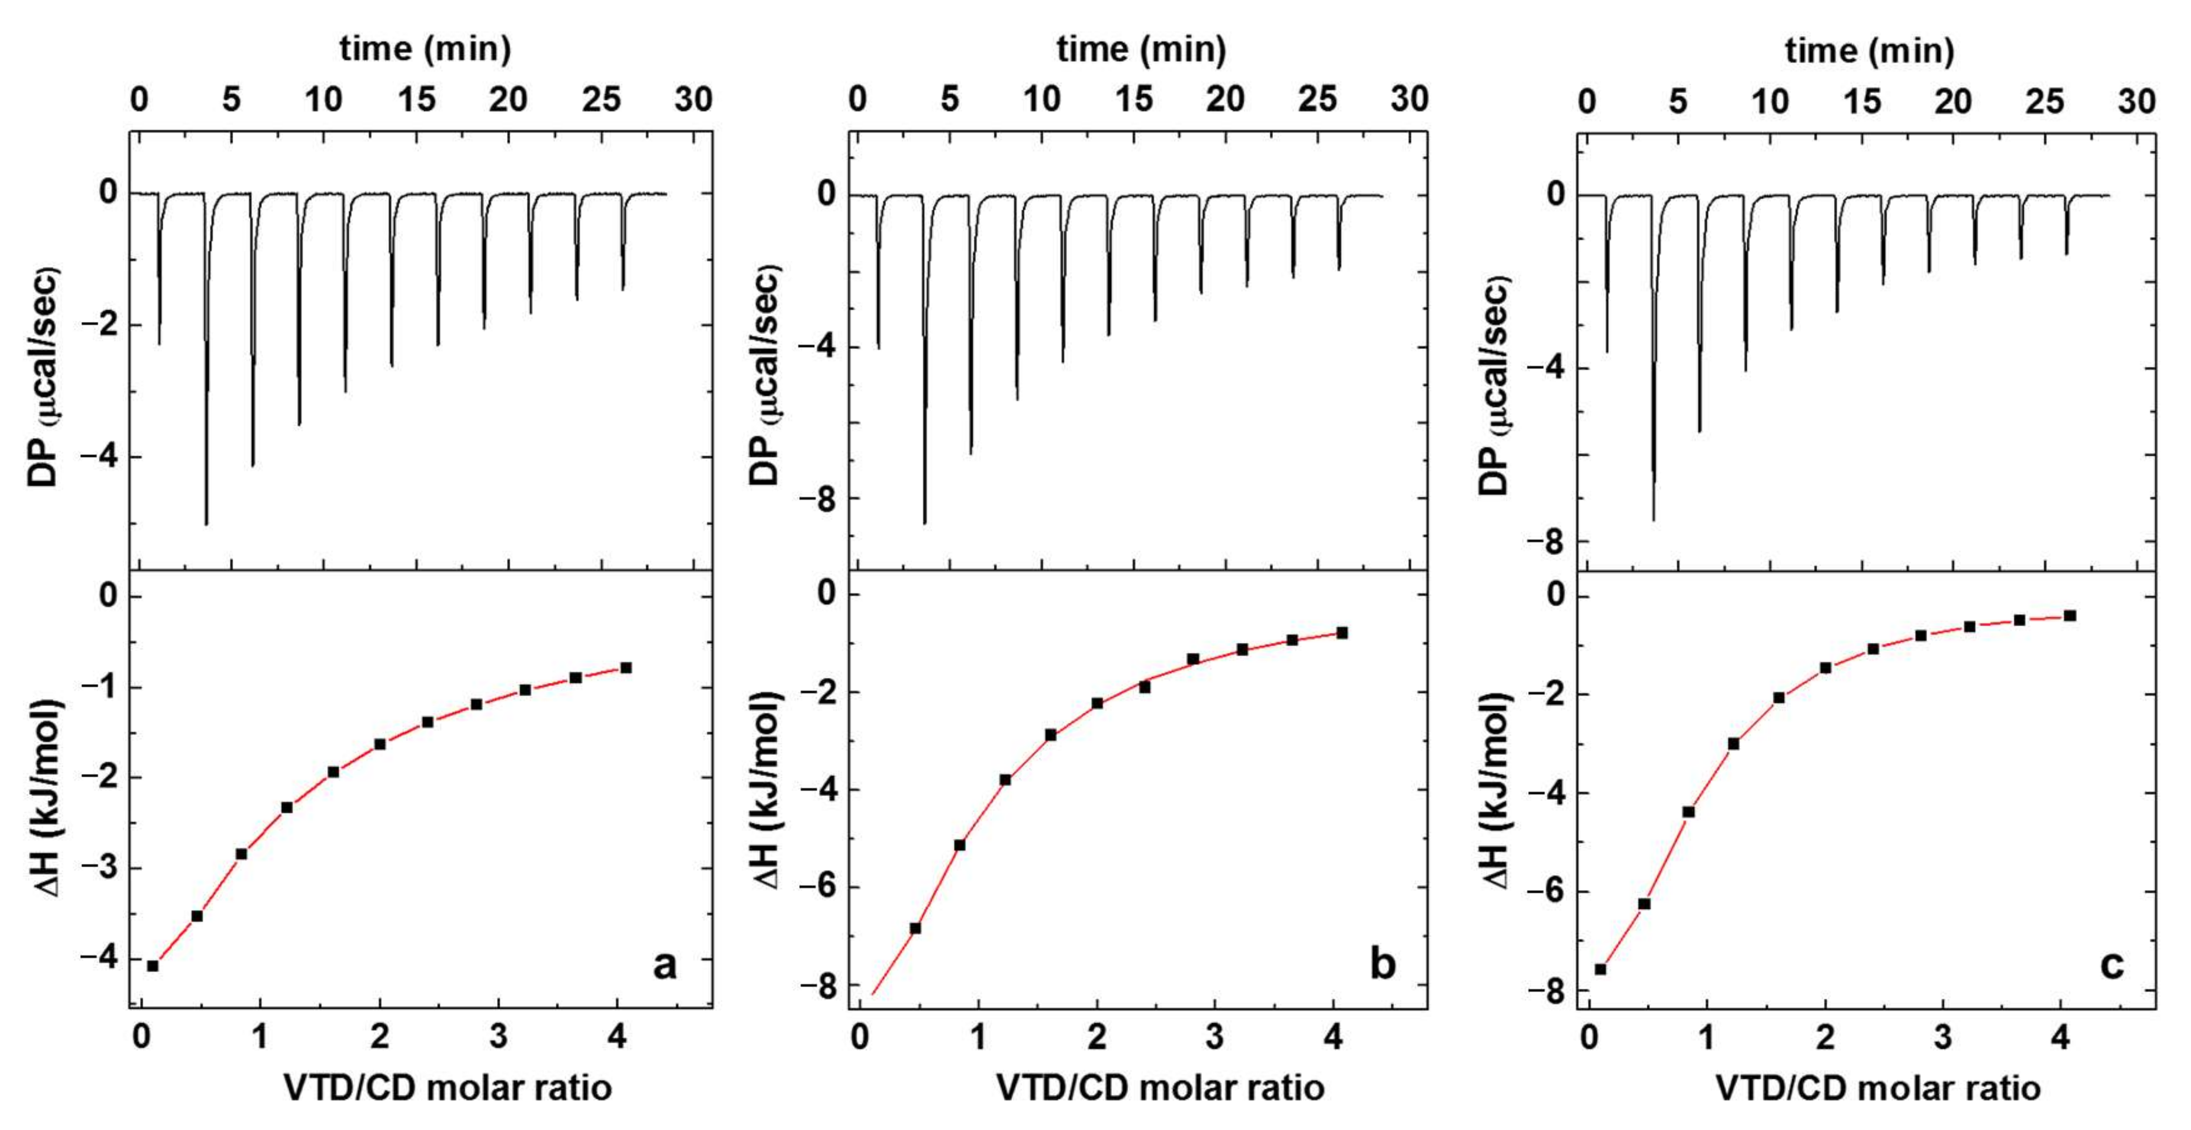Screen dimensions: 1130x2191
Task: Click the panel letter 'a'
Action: (664, 965)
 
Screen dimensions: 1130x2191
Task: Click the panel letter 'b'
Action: (1382, 965)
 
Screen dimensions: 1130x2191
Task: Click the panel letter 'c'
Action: (2112, 965)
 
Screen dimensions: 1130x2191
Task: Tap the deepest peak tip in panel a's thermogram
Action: (207, 523)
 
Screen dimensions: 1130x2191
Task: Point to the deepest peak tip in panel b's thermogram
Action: (924, 522)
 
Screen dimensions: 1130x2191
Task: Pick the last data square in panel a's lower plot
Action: (626, 667)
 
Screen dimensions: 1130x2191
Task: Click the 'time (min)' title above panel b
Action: (1141, 49)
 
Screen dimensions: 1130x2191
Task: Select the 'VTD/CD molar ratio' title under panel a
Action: (448, 1088)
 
